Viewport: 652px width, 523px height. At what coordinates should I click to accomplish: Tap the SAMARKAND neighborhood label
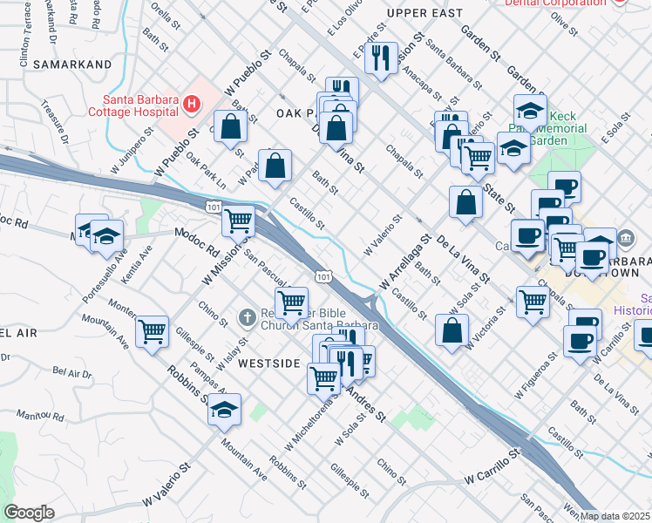tap(72, 65)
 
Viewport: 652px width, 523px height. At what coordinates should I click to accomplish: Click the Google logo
tap(29, 513)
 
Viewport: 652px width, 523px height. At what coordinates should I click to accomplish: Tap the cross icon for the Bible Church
tap(248, 318)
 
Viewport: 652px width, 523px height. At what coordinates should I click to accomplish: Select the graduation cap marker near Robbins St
tap(224, 409)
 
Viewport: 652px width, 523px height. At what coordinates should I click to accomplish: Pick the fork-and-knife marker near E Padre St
tap(381, 58)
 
